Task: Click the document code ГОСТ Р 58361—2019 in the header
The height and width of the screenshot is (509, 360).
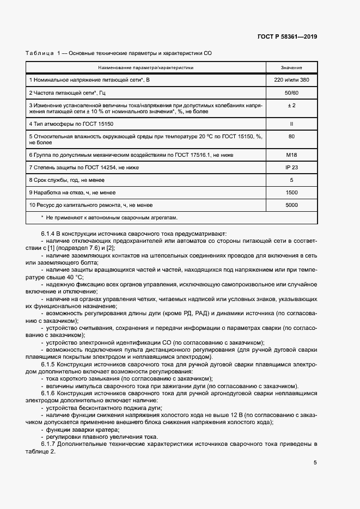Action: click(x=286, y=36)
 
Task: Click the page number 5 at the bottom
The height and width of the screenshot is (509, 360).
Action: click(x=315, y=463)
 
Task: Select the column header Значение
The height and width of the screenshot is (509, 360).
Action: click(x=291, y=68)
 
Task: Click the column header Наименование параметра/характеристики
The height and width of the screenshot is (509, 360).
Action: click(x=146, y=68)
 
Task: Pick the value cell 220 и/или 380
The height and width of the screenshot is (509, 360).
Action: click(x=291, y=80)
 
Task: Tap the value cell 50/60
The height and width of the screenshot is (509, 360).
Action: click(x=291, y=93)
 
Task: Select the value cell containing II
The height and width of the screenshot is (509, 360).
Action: click(x=291, y=124)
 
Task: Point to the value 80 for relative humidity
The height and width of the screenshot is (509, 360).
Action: click(x=291, y=137)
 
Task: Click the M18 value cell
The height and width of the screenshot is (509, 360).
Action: click(x=291, y=155)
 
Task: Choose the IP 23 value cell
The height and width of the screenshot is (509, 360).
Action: click(x=291, y=167)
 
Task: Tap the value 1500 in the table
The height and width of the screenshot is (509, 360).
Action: click(x=291, y=192)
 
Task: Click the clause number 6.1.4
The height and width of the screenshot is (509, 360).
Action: click(x=50, y=234)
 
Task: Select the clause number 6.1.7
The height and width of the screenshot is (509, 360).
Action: click(x=50, y=445)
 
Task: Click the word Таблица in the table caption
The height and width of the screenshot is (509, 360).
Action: click(x=39, y=53)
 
